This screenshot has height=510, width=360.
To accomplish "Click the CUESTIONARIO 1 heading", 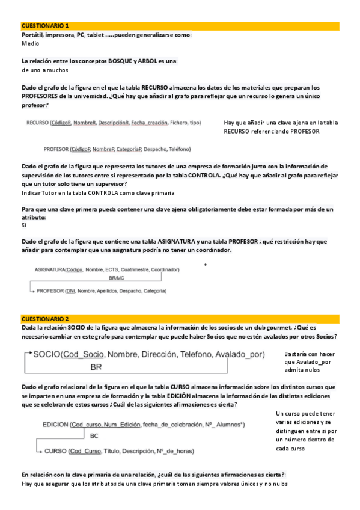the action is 45,26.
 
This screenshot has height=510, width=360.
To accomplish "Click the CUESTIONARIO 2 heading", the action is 45,318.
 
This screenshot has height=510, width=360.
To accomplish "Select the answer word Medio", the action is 30,44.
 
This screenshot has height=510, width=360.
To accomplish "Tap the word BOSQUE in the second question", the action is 122,61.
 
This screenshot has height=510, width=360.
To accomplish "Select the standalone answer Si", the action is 24,225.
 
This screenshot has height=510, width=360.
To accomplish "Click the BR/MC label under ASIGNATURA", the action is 117,278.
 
